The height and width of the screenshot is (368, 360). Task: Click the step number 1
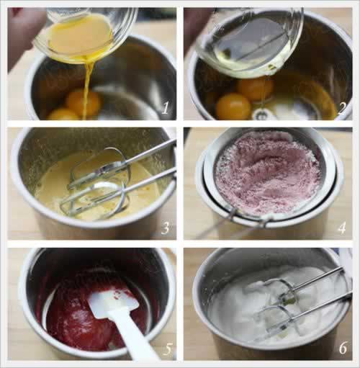coord(166,108)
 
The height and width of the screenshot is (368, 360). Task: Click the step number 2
coord(342,108)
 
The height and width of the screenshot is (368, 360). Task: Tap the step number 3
coord(166,228)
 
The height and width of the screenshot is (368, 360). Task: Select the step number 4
coord(342,228)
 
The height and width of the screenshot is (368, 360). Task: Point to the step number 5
coord(167,349)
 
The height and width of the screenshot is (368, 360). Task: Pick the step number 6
coord(343,348)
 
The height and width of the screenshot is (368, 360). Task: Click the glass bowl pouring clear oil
coord(250,41)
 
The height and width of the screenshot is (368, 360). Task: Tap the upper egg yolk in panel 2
coord(255,89)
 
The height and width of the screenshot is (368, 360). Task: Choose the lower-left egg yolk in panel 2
coord(233,107)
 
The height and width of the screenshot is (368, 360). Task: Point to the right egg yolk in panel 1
coord(84,102)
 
